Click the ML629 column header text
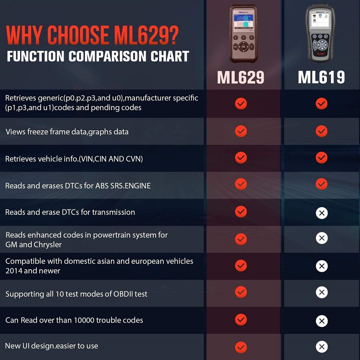[x=240, y=77]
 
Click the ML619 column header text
[x=321, y=77]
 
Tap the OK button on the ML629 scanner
[x=243, y=46]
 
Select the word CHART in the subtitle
[x=170, y=57]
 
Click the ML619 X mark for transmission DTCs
[x=321, y=213]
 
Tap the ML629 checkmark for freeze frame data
[x=241, y=131]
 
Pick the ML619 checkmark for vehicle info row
[x=321, y=158]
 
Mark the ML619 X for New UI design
[x=321, y=347]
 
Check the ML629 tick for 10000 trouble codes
[x=241, y=320]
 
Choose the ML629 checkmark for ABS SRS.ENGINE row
[x=241, y=184]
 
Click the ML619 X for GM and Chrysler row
[x=321, y=238]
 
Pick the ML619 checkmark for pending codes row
[x=321, y=104]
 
